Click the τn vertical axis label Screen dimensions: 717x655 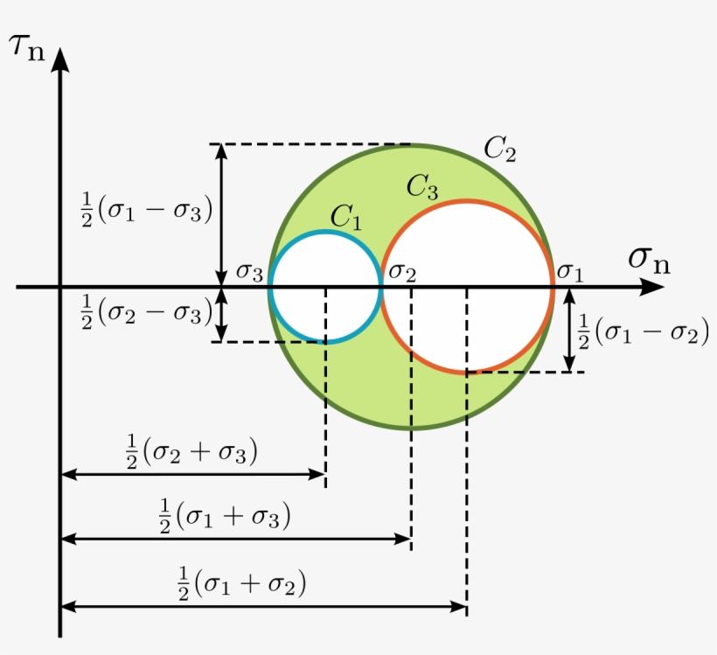click(28, 47)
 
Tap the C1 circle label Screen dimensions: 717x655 click(345, 217)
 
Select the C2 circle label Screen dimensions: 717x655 click(500, 149)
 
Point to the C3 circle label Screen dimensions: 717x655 click(422, 186)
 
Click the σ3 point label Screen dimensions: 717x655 click(249, 273)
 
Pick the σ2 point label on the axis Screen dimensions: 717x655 click(402, 273)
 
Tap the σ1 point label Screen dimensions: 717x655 click(570, 273)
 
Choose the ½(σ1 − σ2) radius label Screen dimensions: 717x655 click(644, 331)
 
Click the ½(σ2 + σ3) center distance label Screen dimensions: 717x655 click(191, 452)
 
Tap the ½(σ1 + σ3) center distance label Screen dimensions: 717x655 click(225, 517)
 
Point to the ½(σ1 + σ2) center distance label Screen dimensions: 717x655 click(242, 583)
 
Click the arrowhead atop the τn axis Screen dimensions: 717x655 click(60, 59)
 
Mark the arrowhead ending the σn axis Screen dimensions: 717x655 click(651, 287)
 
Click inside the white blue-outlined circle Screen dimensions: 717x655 click(325, 287)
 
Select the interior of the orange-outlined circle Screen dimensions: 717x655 click(467, 287)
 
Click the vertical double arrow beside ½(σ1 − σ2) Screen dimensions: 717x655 click(569, 331)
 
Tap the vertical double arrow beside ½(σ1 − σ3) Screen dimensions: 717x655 click(221, 215)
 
